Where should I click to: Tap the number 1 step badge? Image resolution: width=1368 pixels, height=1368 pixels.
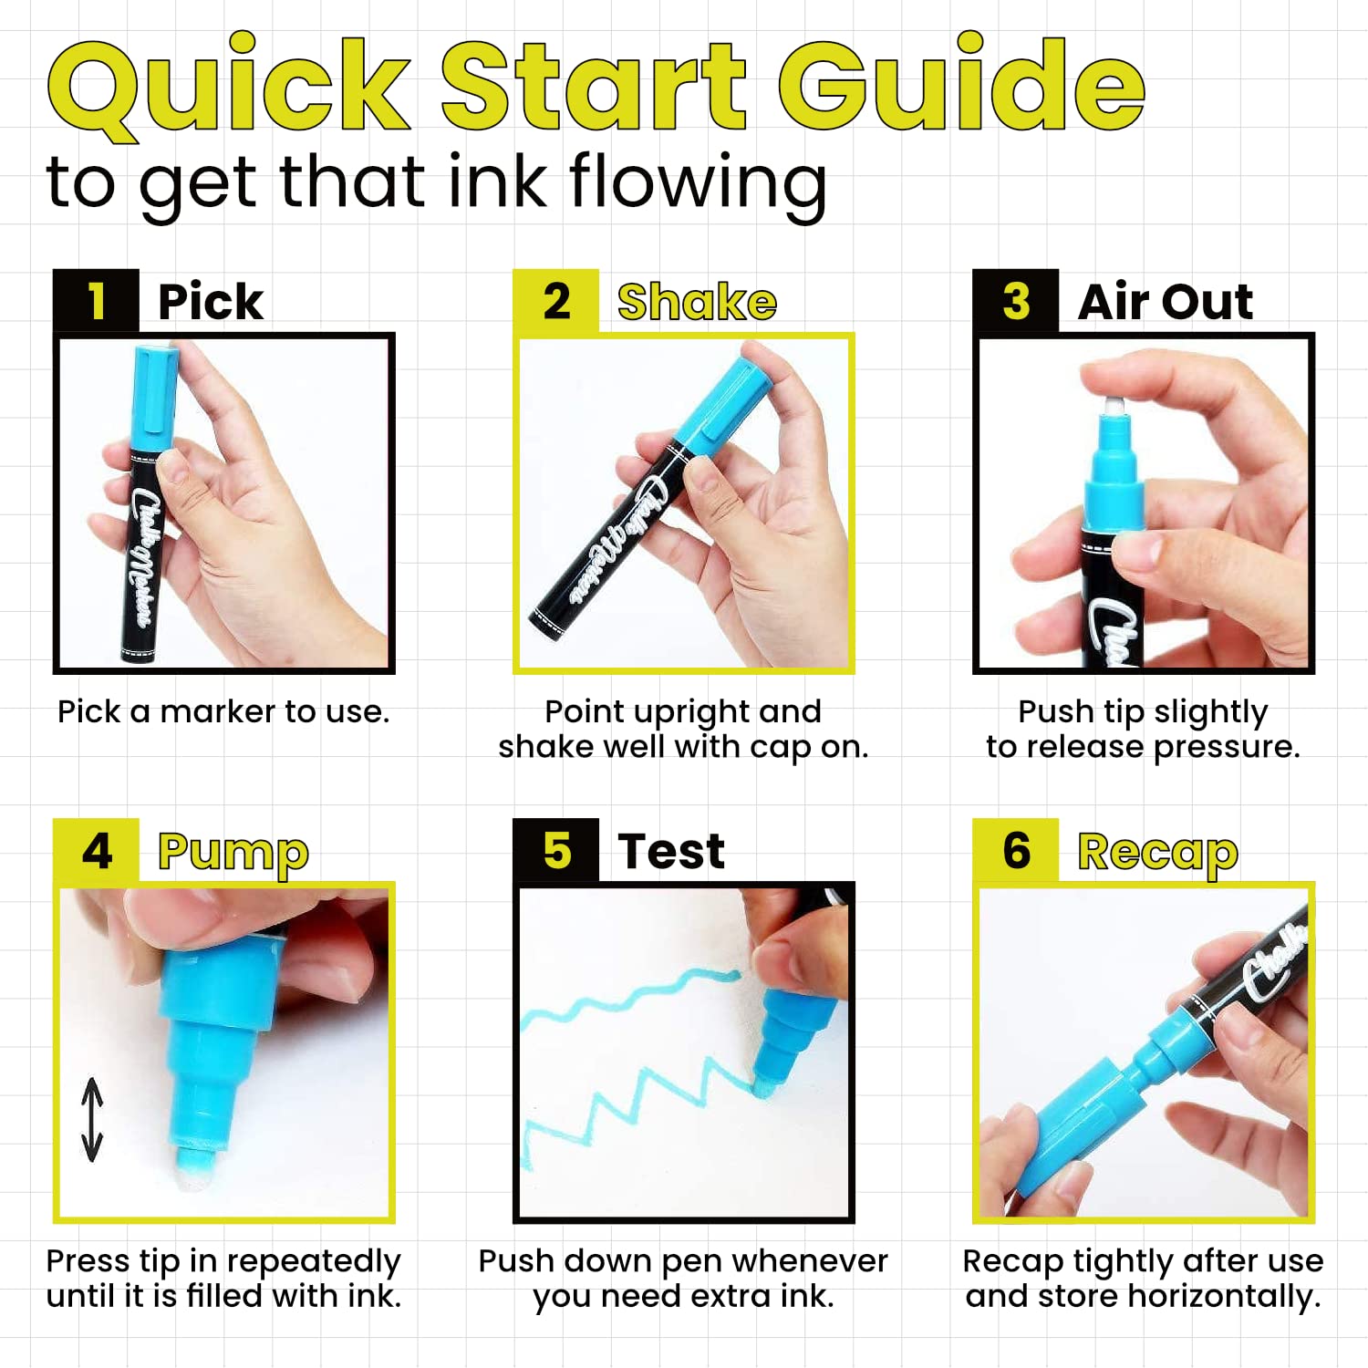(96, 301)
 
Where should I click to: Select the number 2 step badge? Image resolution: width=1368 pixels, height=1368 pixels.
(556, 301)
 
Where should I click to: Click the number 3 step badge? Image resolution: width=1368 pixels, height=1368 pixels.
(1016, 301)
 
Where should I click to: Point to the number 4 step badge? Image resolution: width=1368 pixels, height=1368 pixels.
(96, 851)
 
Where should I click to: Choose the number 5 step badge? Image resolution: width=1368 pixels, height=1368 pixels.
(556, 851)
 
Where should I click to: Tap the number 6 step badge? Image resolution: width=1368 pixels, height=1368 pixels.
(1016, 851)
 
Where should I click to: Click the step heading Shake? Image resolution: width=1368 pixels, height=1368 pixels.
(697, 302)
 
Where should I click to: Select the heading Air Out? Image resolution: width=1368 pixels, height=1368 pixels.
(1166, 302)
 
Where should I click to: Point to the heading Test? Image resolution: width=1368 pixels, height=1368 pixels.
(671, 852)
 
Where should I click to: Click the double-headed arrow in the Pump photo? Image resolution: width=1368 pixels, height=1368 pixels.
(92, 1120)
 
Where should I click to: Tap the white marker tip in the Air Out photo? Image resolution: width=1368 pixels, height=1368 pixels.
(1112, 407)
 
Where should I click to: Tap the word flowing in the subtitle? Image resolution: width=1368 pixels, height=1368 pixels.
(698, 182)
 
